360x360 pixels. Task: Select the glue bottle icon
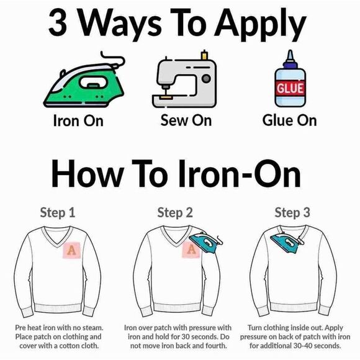click(290, 79)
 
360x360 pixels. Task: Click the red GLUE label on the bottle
click(290, 88)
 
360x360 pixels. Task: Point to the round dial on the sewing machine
click(206, 79)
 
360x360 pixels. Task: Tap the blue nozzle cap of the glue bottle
click(290, 60)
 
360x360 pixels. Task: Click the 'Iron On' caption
click(78, 120)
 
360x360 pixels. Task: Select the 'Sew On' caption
click(186, 120)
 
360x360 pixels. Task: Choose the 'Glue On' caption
click(289, 120)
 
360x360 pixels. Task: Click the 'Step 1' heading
click(58, 213)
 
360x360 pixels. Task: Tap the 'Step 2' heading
click(175, 213)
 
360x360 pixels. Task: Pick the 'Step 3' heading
click(292, 213)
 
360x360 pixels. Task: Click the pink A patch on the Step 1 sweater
click(72, 250)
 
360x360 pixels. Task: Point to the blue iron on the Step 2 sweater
click(205, 243)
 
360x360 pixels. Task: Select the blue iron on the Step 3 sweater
click(287, 243)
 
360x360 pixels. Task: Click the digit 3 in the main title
click(58, 23)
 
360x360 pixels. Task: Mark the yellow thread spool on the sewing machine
click(204, 55)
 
